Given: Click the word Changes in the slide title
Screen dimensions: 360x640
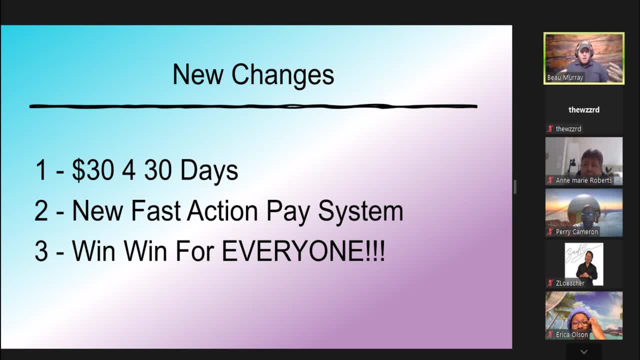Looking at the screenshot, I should coord(282,75).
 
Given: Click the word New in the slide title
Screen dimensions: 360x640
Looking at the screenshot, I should coord(198,74).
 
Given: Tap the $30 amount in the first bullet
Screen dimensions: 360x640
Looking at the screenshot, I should coord(93,170).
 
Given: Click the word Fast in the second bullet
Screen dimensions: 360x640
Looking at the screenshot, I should coord(156,211).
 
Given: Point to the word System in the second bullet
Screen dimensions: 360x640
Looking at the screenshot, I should coord(360,211).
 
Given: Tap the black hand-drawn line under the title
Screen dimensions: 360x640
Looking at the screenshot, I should coord(253,106).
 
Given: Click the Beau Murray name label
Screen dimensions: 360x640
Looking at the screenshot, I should coord(565,77).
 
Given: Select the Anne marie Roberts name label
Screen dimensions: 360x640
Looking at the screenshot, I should coord(583,180).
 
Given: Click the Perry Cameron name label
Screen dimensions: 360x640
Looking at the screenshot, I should coord(576,232).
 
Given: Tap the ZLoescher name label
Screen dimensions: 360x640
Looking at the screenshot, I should coord(570,283).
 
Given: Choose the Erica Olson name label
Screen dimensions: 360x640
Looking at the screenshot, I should coord(571,334).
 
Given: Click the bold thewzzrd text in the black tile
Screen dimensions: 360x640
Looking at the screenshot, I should coord(584,109).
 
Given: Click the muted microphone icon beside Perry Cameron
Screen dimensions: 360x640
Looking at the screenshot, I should coord(550,232).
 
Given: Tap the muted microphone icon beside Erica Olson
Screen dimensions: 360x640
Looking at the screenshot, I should coord(550,334).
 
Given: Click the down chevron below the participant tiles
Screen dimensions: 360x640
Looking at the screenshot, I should coord(583,352).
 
